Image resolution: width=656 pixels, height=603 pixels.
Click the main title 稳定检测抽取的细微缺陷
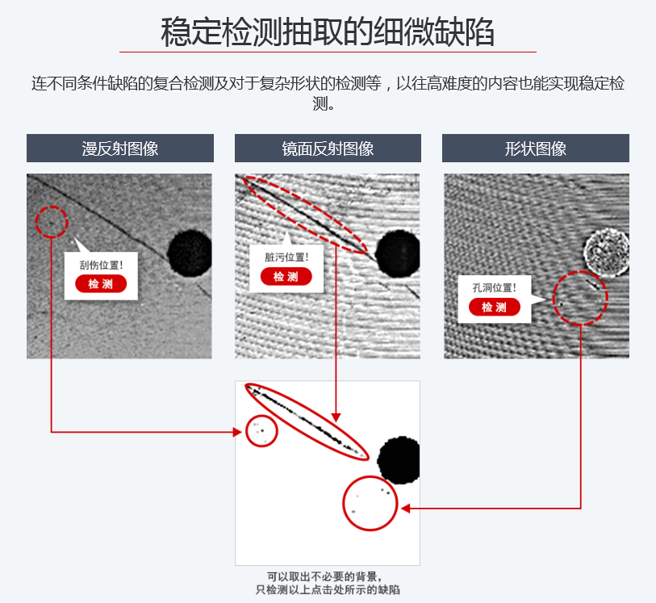point(328,31)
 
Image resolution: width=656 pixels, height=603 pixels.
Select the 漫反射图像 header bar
point(120,149)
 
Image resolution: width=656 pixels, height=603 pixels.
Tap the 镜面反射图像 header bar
point(328,149)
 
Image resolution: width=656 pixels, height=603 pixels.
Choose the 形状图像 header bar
point(536,149)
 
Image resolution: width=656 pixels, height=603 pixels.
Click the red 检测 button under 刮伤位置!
point(101,284)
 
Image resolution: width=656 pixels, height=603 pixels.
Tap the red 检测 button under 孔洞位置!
point(495,307)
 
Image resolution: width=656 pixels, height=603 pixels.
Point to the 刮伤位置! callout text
point(101,265)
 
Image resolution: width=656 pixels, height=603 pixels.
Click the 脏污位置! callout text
point(286,257)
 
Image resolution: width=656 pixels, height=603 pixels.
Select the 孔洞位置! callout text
point(495,287)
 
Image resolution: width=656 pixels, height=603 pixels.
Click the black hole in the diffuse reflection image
point(190,253)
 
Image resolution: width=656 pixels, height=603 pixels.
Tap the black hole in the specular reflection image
point(398,254)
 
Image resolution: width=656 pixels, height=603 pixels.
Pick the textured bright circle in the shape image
point(607,253)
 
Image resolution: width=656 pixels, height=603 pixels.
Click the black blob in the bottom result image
point(399,460)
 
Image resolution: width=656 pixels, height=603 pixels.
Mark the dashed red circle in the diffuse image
point(36,222)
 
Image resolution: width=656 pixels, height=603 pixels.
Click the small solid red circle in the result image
point(246,431)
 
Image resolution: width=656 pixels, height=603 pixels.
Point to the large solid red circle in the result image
point(344,504)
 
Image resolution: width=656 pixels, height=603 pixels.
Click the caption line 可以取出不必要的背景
point(324,576)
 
